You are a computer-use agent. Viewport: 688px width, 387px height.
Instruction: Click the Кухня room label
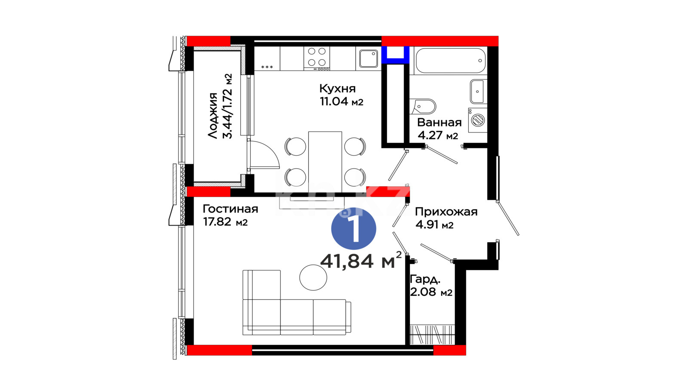click(x=337, y=89)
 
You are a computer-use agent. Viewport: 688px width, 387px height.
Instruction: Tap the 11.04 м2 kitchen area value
click(x=341, y=101)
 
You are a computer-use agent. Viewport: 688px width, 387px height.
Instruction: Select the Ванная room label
click(x=439, y=123)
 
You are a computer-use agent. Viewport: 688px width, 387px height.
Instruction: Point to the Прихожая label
click(x=446, y=212)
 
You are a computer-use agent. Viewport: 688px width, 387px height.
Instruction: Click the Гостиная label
click(x=230, y=209)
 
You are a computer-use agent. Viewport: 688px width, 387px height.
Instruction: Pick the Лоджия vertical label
click(x=212, y=116)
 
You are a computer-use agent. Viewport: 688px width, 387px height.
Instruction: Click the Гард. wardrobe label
click(x=425, y=279)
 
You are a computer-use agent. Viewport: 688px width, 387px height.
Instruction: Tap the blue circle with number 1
click(x=353, y=228)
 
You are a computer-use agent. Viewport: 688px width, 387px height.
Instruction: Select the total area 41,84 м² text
click(x=361, y=261)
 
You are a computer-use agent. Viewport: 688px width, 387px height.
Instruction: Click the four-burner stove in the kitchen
click(x=316, y=58)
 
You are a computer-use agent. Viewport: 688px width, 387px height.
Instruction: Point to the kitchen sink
click(x=369, y=58)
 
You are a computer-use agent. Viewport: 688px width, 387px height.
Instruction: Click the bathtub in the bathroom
click(x=451, y=61)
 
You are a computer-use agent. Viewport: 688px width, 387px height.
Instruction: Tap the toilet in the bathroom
click(x=423, y=107)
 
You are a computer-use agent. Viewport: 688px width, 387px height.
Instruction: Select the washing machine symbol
click(x=478, y=120)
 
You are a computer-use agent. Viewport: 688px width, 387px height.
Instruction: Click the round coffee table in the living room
click(x=313, y=278)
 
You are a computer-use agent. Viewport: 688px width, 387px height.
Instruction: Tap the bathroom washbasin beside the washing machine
click(x=479, y=92)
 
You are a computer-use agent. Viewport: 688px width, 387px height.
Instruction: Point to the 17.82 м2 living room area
click(x=225, y=222)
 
